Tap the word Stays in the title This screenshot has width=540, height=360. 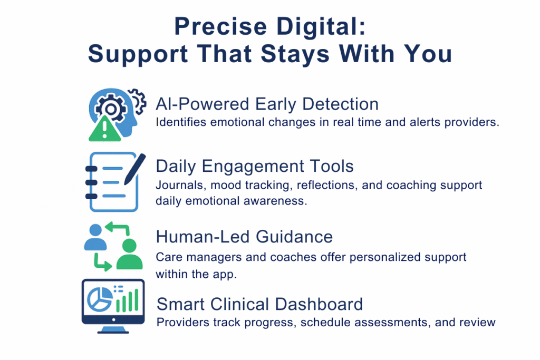click(x=298, y=54)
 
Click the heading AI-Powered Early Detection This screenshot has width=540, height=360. click(x=267, y=104)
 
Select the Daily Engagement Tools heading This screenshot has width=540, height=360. click(x=255, y=167)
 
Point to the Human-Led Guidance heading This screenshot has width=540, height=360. click(x=244, y=237)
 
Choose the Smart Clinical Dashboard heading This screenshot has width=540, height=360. click(x=260, y=304)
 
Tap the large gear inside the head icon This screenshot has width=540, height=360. click(x=111, y=108)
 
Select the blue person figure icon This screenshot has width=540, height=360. click(x=95, y=237)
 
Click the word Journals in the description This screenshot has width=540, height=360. click(x=175, y=186)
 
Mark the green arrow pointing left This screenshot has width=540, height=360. click(x=117, y=228)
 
